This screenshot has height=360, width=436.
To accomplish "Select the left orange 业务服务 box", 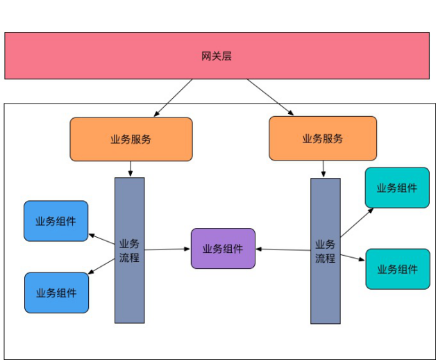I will click(x=131, y=139).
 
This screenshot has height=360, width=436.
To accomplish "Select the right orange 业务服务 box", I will click(x=322, y=138).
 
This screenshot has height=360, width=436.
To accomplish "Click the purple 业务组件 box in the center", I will click(x=223, y=248).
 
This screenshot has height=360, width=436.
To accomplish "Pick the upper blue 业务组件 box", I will click(x=56, y=221).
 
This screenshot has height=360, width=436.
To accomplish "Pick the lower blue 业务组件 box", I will click(x=56, y=293).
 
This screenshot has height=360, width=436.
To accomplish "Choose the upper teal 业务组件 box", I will click(x=397, y=188).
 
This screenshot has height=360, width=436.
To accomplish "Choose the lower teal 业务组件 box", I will click(x=397, y=269).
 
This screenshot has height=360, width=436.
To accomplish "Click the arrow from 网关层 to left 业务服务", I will click(x=174, y=97).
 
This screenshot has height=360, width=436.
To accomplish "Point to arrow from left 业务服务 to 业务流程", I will click(x=130, y=169).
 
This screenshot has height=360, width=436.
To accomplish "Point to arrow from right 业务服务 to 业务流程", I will click(x=323, y=169).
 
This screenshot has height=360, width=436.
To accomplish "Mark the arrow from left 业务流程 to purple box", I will click(x=167, y=249).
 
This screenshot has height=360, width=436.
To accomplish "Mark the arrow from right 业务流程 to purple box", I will click(x=283, y=249).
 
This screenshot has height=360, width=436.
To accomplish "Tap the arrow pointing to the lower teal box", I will click(x=353, y=257).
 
